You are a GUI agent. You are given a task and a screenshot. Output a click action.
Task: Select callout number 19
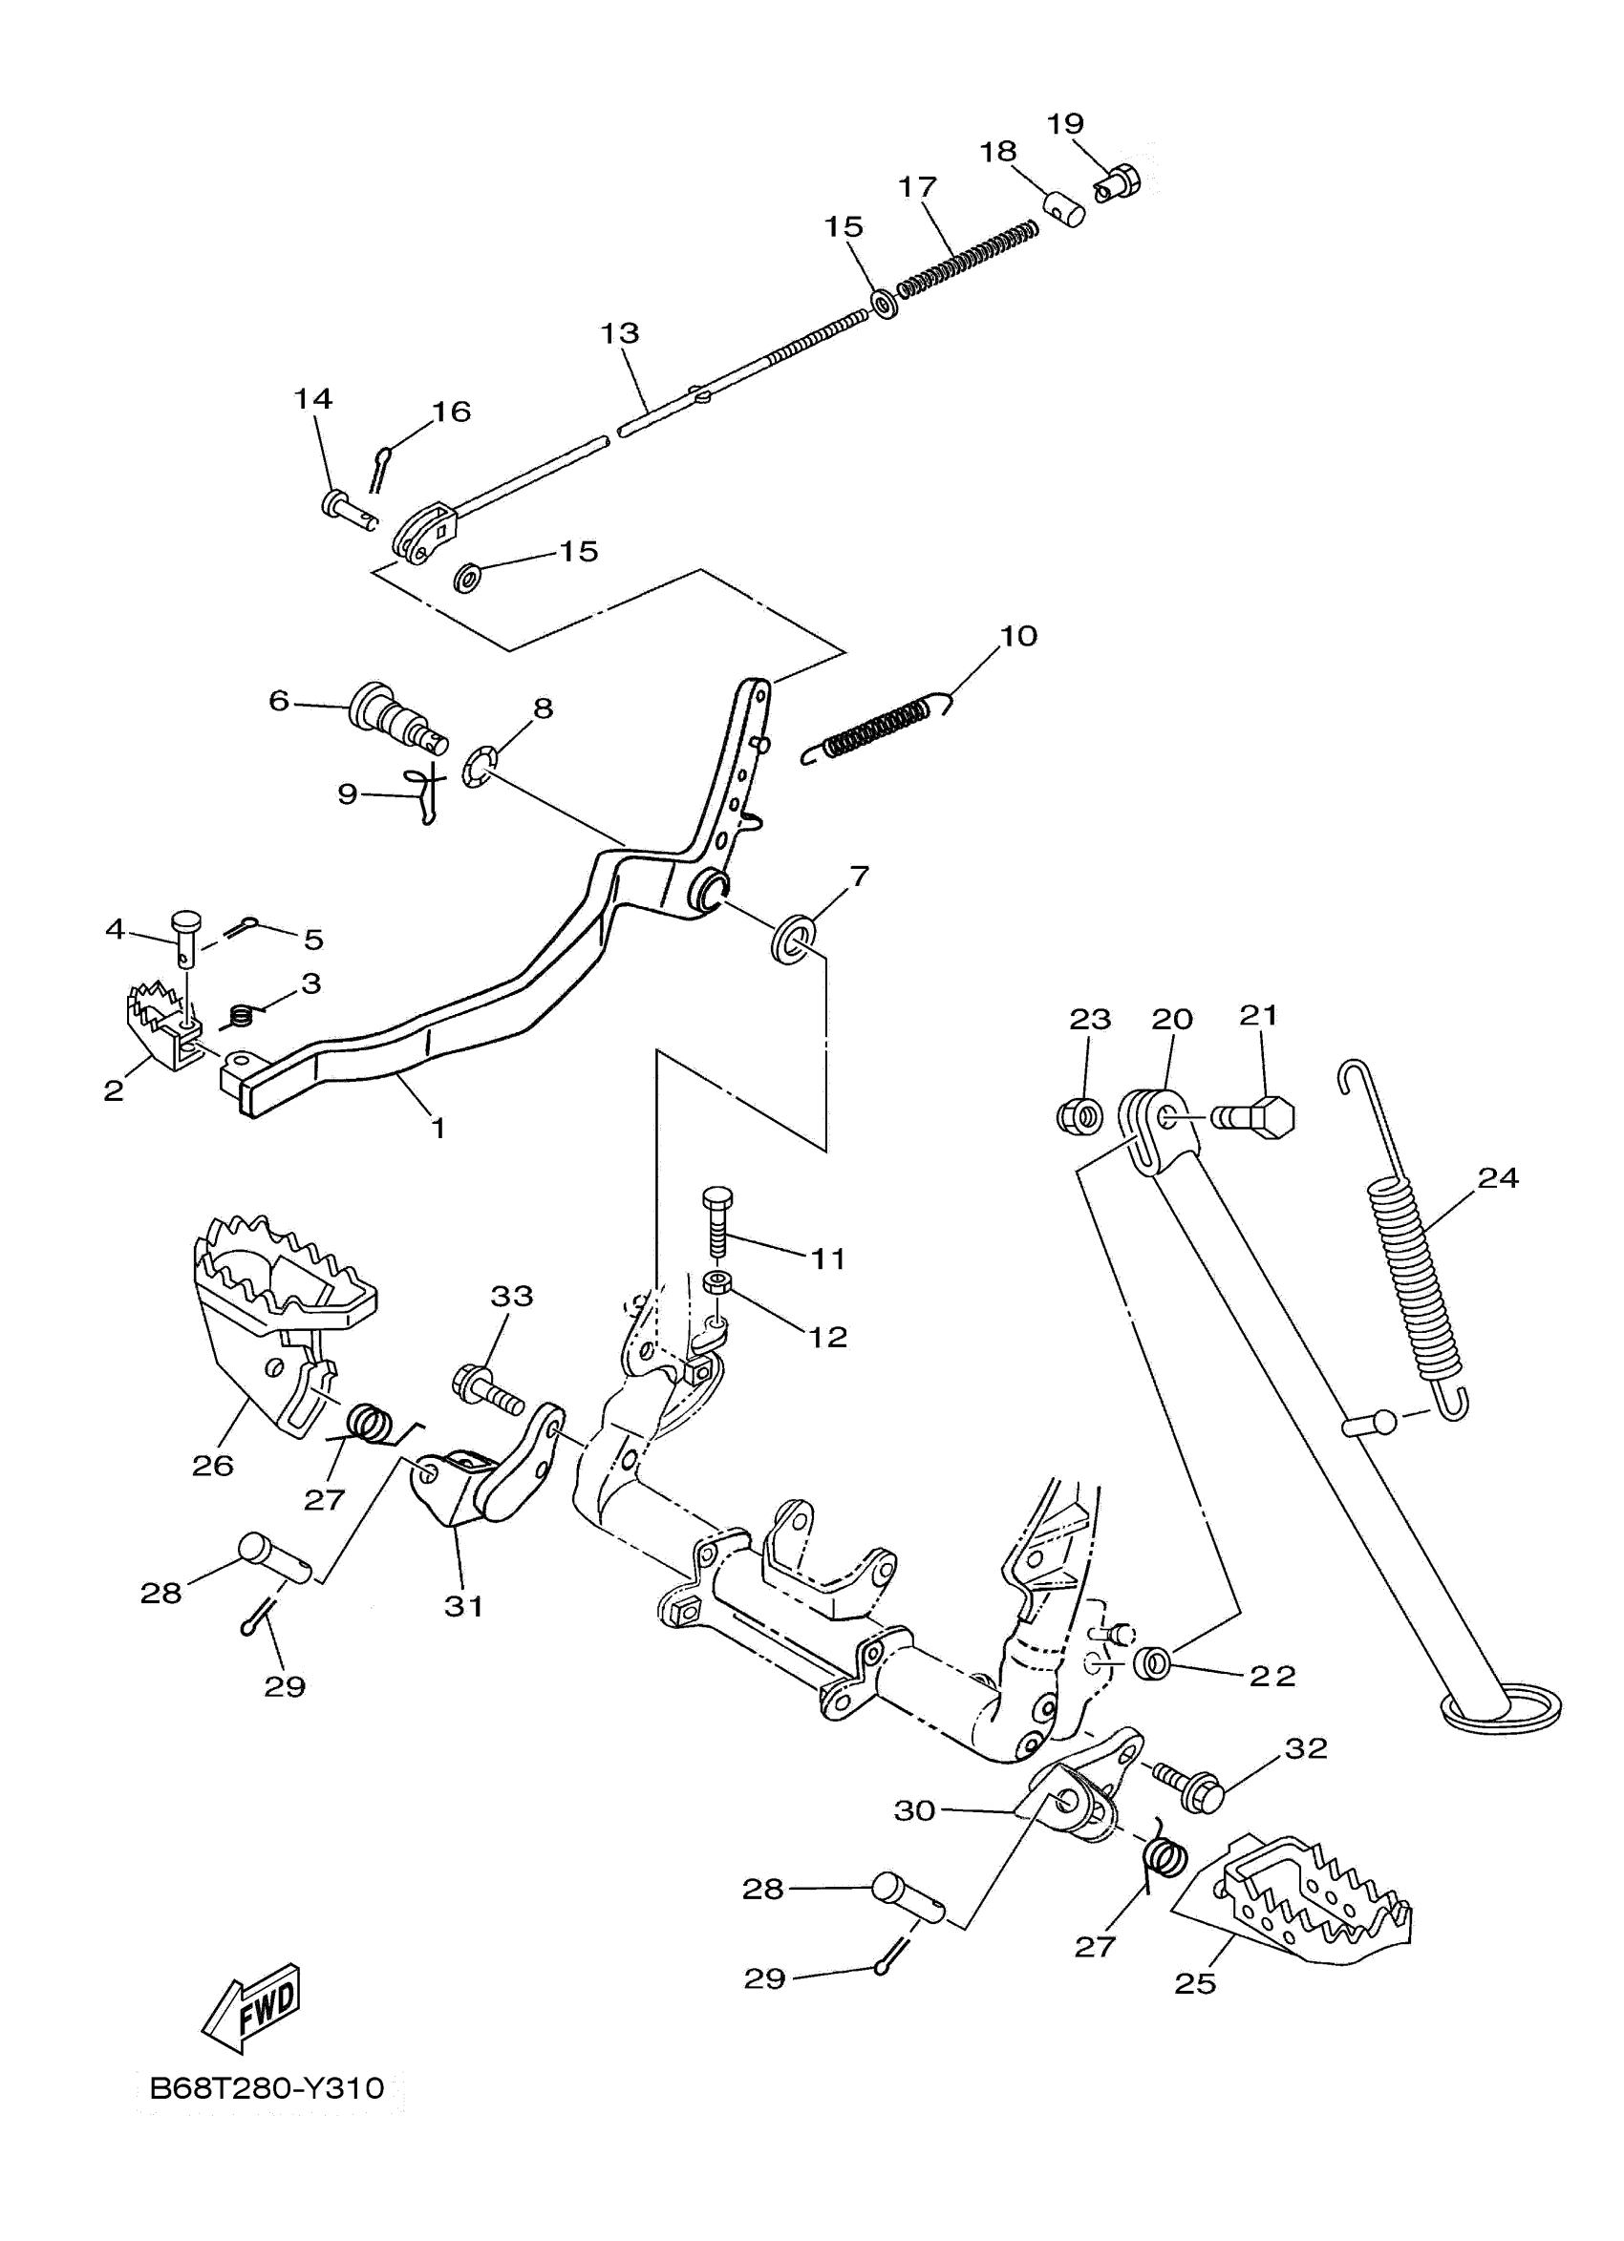(x=1064, y=123)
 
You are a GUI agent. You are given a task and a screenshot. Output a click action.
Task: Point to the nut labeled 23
(x=1080, y=1117)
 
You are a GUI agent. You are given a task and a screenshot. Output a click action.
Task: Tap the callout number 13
(x=620, y=333)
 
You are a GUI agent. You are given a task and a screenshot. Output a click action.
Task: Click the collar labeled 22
(x=1151, y=1663)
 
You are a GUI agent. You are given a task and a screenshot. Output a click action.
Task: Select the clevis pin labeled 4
(x=186, y=933)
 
